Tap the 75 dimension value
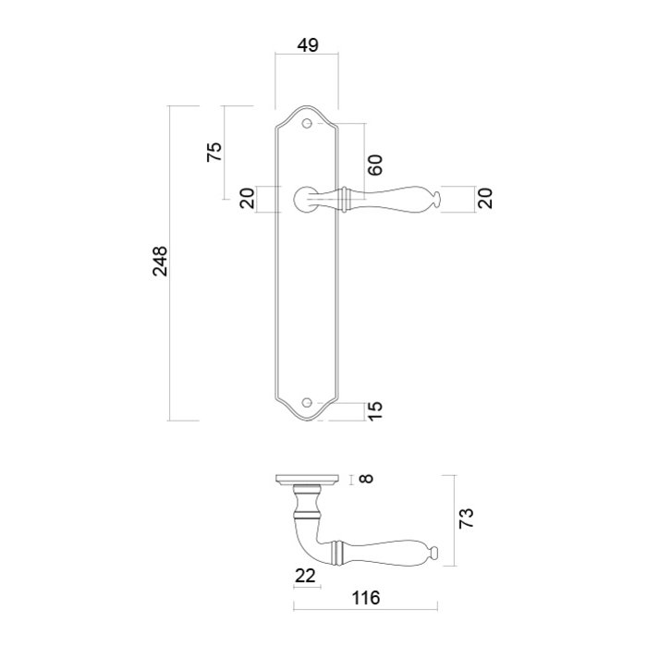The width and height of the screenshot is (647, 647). [214, 153]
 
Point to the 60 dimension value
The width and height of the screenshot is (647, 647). [375, 165]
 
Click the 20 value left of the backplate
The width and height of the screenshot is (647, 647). [247, 199]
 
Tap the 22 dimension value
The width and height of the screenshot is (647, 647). [305, 576]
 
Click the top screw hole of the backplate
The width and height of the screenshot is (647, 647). [308, 121]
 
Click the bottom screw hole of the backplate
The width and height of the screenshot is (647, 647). [308, 404]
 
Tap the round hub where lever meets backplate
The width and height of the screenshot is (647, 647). [302, 197]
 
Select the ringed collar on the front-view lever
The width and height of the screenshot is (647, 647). [347, 197]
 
